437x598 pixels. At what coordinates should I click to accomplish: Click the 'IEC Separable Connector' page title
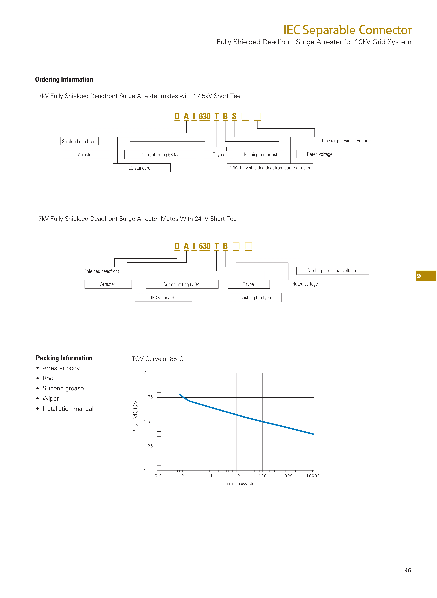pyautogui.click(x=347, y=30)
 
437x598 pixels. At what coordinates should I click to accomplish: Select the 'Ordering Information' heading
pyautogui.click(x=64, y=79)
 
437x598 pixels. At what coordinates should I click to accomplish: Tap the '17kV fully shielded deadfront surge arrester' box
pyautogui.click(x=270, y=168)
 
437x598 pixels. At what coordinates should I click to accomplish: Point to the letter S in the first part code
pyautogui.click(x=234, y=117)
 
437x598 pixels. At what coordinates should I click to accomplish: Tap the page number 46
pyautogui.click(x=408, y=570)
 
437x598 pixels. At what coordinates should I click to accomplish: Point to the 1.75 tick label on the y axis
pyautogui.click(x=148, y=397)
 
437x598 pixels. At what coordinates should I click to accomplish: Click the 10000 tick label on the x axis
pyautogui.click(x=313, y=476)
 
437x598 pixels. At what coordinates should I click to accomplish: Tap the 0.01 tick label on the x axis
pyautogui.click(x=160, y=476)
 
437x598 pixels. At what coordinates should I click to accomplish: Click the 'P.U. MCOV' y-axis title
pyautogui.click(x=135, y=417)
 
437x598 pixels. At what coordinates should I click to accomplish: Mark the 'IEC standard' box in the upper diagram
pyautogui.click(x=142, y=168)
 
